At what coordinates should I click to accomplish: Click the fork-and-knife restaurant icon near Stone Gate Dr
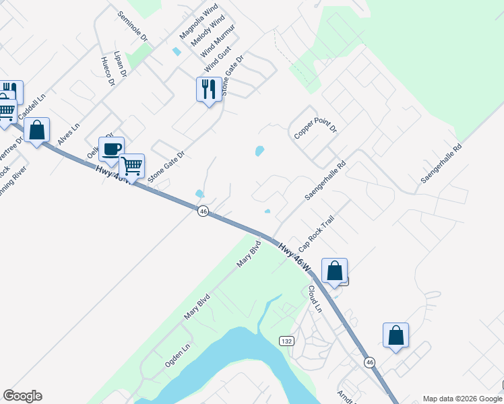[208, 89]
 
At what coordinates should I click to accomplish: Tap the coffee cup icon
[111, 149]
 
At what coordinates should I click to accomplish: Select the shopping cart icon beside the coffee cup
[131, 165]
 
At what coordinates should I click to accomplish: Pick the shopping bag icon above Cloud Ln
[334, 271]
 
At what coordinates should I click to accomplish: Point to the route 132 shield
[287, 342]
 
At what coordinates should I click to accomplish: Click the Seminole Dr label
[131, 26]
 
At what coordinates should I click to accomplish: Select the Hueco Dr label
[108, 71]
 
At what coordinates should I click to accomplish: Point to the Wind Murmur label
[218, 42]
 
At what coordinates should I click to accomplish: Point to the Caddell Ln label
[32, 106]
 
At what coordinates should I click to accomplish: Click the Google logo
[22, 396]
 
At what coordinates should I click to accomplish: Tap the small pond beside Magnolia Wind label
[177, 51]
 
